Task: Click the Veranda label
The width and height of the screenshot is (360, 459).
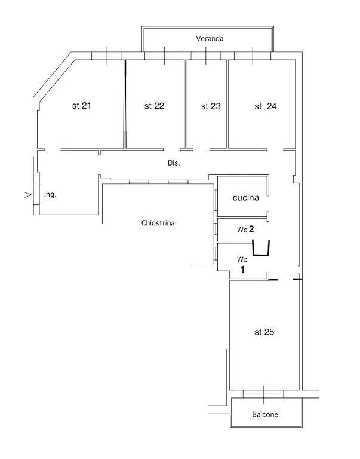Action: [210, 38]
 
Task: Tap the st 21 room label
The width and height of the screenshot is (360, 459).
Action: [82, 106]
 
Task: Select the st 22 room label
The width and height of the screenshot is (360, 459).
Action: [154, 106]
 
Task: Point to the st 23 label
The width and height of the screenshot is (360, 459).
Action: [211, 106]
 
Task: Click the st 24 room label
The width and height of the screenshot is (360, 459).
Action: [266, 106]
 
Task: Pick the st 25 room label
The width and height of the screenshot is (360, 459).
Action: [264, 332]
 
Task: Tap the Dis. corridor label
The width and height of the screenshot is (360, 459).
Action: [174, 163]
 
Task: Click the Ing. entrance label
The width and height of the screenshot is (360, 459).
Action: [50, 194]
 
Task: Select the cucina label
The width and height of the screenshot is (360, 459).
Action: [246, 198]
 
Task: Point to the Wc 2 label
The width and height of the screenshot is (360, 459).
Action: [245, 229]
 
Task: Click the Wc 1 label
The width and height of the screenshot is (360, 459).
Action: [242, 264]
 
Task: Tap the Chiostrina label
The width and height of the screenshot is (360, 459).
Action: [158, 223]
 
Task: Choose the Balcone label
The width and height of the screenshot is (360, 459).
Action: [265, 414]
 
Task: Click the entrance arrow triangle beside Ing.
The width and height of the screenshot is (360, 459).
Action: [27, 195]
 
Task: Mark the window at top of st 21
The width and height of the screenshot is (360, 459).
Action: [106, 56]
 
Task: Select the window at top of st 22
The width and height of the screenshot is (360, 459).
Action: [165, 56]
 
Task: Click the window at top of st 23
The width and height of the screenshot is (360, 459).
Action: [206, 56]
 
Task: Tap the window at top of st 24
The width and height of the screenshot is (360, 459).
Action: [253, 56]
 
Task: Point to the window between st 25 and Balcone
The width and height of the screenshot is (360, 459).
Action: [263, 394]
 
